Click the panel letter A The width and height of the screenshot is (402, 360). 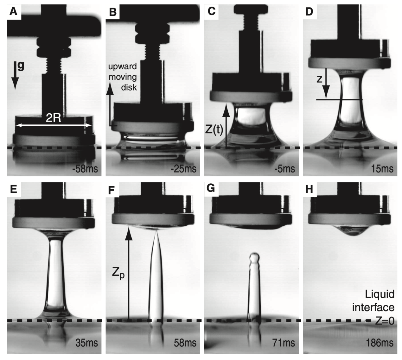13,11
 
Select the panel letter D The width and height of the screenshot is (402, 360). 309,11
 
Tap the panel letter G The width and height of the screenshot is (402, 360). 211,188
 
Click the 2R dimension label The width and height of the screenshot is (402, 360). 53,118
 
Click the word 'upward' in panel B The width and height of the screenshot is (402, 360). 123,66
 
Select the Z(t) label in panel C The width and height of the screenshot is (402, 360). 214,129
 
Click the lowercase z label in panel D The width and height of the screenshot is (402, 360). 319,79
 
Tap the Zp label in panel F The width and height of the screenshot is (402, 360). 118,274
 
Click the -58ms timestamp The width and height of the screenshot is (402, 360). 85,169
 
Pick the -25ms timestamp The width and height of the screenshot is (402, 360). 183,169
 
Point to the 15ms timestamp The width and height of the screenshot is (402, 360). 382,169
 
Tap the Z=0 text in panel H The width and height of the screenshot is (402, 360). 385,321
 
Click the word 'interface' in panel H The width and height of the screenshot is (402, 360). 373,307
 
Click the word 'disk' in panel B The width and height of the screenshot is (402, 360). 129,87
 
